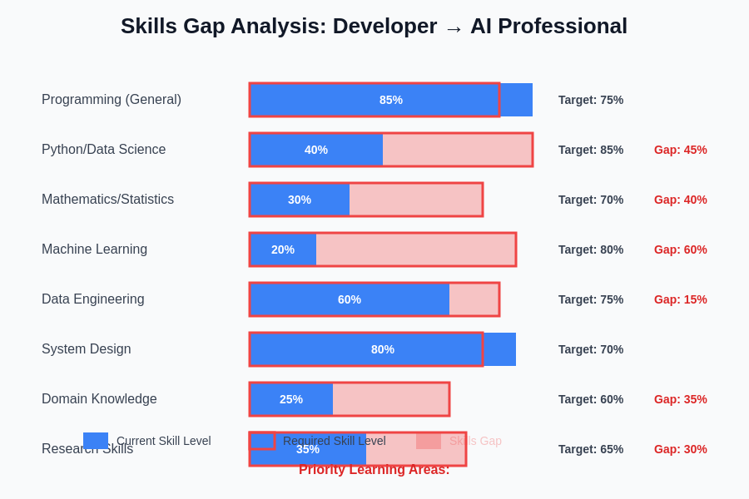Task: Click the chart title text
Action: [374, 27]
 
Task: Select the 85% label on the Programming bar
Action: [391, 100]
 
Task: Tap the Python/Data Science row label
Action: [103, 150]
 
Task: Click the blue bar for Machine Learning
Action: [283, 249]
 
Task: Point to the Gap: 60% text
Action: [680, 249]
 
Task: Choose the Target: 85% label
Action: [590, 150]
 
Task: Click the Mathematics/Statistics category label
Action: [107, 200]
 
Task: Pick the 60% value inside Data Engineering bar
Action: [350, 299]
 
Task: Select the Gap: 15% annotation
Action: [680, 299]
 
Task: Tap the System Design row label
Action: [86, 349]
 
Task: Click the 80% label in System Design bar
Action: [383, 349]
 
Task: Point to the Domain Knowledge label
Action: [99, 399]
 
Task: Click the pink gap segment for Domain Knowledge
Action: [391, 399]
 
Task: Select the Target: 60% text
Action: [590, 399]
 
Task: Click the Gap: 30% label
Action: [680, 449]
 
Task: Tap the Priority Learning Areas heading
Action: [374, 470]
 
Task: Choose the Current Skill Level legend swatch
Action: [96, 441]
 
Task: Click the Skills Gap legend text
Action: [475, 441]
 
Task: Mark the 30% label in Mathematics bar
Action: [300, 200]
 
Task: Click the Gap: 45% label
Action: [680, 150]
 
